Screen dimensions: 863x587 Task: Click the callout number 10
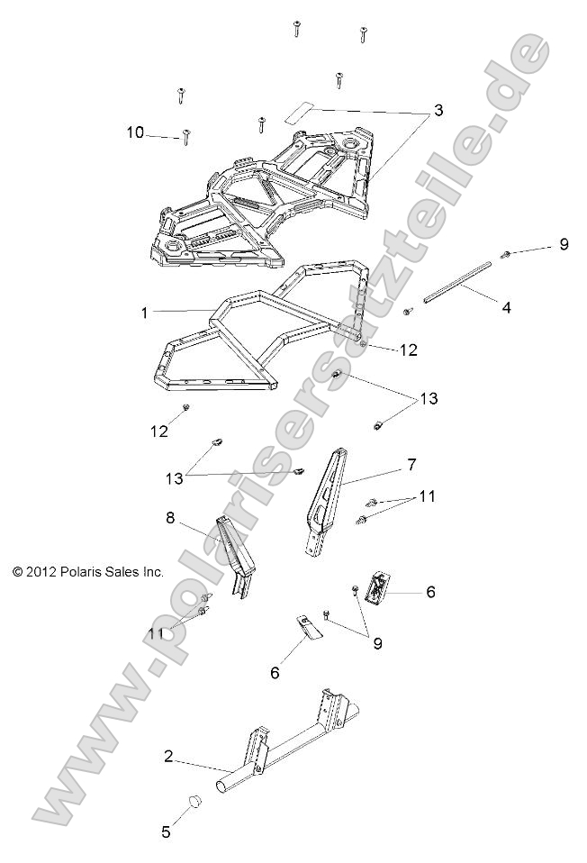click(x=135, y=132)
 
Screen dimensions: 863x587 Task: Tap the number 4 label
click(x=506, y=307)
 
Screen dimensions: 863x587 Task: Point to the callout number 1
click(x=143, y=313)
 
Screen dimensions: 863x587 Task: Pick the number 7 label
click(x=411, y=464)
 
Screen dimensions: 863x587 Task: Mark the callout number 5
click(x=166, y=832)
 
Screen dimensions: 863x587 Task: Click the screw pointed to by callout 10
click(x=186, y=137)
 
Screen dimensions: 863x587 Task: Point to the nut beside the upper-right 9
click(x=507, y=255)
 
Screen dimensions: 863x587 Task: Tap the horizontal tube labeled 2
click(x=279, y=756)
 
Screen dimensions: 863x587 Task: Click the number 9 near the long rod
click(x=564, y=244)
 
